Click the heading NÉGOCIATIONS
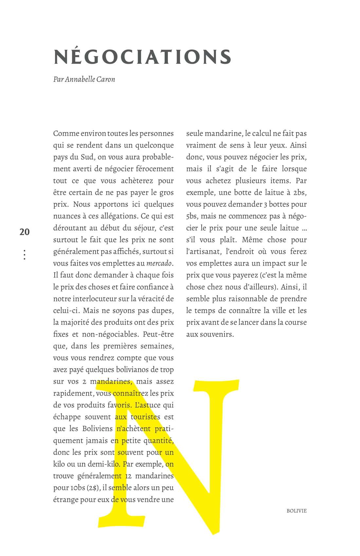(143, 57)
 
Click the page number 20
(25, 232)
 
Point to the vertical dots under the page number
(25, 254)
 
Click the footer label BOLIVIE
(297, 511)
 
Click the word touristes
(145, 417)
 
